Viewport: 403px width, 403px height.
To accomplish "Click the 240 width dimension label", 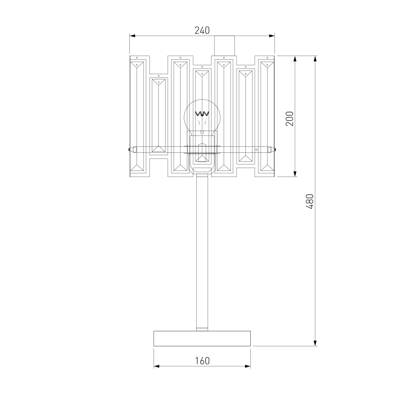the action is [202, 30].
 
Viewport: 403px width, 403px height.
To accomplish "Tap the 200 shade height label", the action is [290, 118].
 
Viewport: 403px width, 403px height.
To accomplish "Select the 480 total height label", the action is [310, 201].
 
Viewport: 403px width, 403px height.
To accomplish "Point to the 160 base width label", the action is [202, 361].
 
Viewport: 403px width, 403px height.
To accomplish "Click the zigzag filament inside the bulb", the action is [202, 114].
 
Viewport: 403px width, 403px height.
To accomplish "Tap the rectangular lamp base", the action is [202, 339].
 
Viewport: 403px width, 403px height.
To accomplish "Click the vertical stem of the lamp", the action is [202, 252].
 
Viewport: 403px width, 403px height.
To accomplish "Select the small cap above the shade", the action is [224, 46].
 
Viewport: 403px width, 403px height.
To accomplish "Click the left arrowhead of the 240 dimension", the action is [132, 36].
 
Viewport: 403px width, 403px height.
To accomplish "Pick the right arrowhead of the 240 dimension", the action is [272, 36].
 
